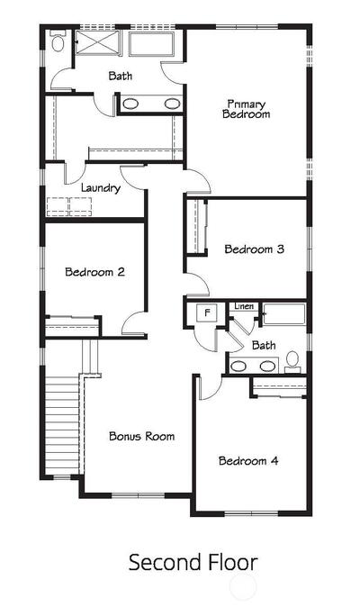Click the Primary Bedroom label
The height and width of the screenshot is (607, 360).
(x=247, y=109)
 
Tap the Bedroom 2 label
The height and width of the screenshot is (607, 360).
(x=94, y=272)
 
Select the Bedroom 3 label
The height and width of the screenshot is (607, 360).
(x=255, y=249)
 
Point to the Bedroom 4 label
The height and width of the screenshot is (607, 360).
(x=248, y=461)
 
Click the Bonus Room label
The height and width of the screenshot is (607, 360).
(x=141, y=436)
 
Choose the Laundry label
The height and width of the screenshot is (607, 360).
(x=101, y=188)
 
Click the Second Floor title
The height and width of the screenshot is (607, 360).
(x=193, y=562)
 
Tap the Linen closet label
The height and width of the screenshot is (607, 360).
(x=244, y=306)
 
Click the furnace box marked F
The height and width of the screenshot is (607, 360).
(x=208, y=313)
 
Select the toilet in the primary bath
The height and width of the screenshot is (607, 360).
(x=58, y=41)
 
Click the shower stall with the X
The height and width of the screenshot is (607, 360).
(x=97, y=42)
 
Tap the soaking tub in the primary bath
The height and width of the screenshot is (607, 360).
(x=151, y=44)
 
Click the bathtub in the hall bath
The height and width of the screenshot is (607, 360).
(x=284, y=313)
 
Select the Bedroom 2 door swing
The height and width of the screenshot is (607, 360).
(x=134, y=322)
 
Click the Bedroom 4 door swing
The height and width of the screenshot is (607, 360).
(x=211, y=387)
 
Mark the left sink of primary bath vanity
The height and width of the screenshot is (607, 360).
(x=130, y=104)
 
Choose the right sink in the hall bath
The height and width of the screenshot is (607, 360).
(x=267, y=366)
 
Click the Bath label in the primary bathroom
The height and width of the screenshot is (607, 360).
(x=121, y=76)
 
